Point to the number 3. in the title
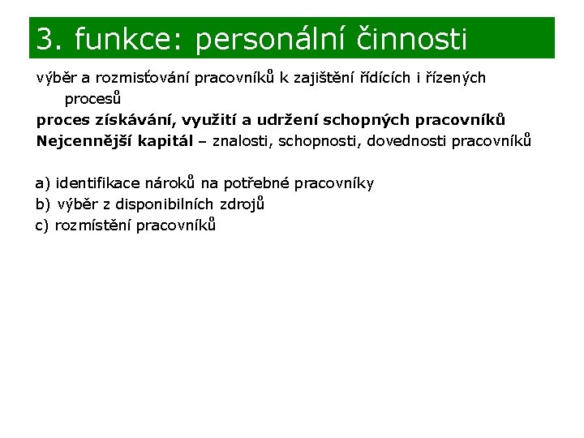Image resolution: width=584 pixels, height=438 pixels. [50, 39]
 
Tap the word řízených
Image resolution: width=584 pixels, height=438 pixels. [452, 79]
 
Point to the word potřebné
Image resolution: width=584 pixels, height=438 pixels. [259, 183]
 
